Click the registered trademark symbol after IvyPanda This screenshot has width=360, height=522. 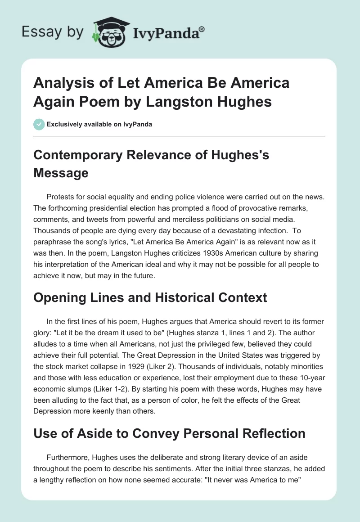pos(202,28)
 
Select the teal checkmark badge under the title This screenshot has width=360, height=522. pos(39,124)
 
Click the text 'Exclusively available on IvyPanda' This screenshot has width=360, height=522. pos(99,124)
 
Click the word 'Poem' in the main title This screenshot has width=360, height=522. pos(122,102)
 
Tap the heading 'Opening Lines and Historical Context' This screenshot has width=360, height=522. pos(150,297)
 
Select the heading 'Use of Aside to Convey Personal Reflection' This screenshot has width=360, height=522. pos(170,433)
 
